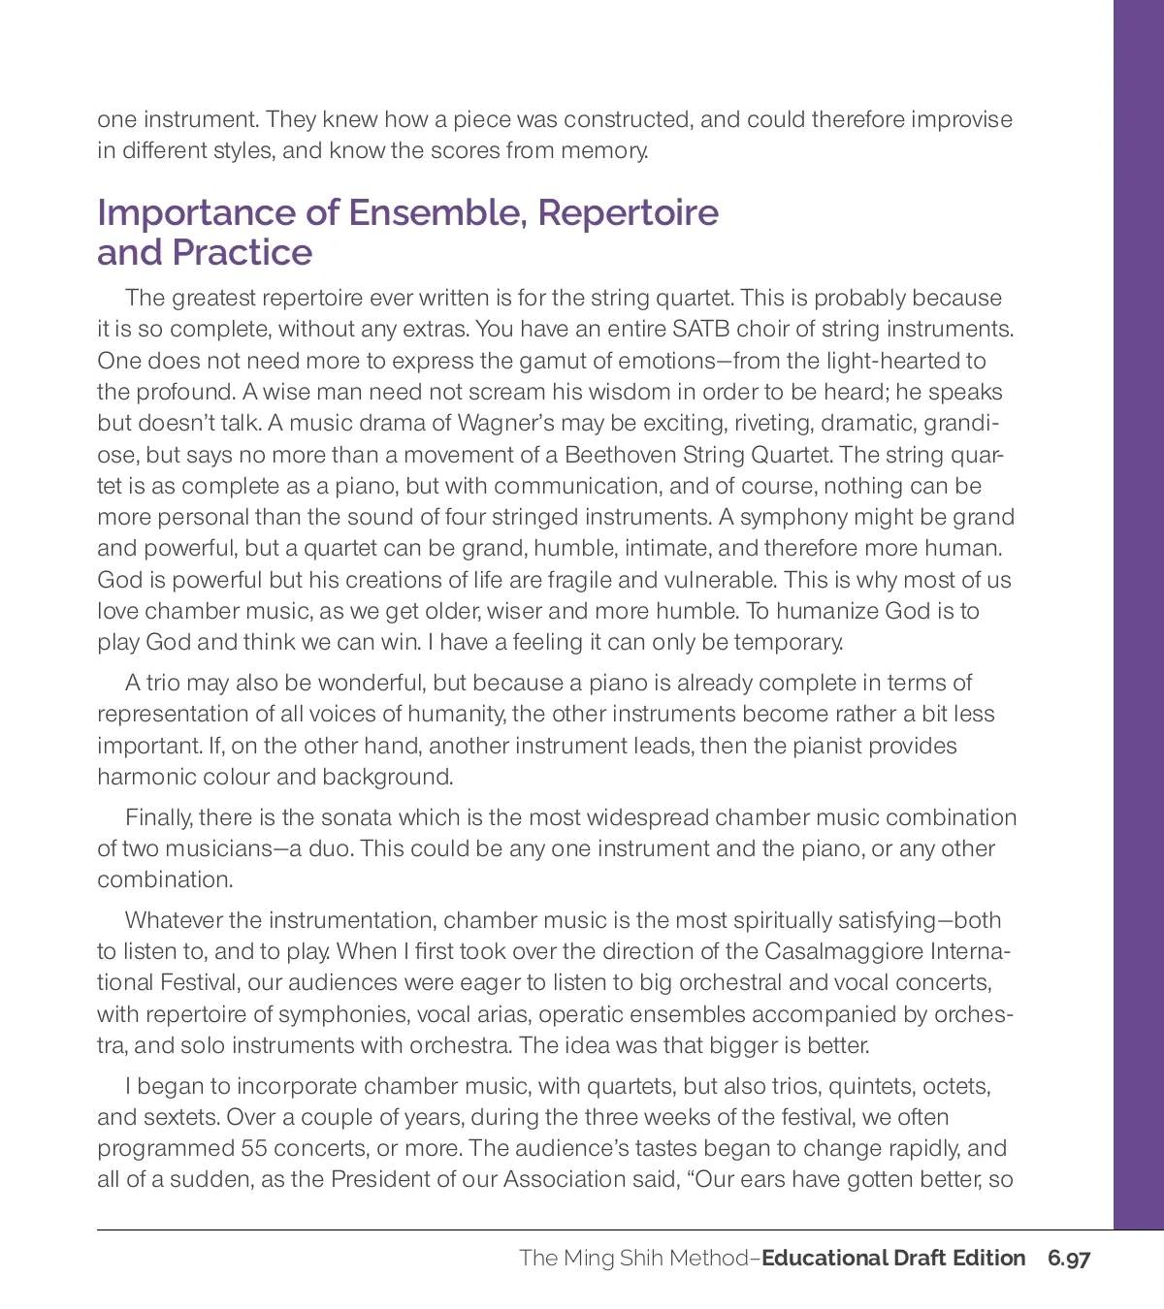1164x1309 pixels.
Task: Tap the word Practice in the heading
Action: pyautogui.click(x=242, y=252)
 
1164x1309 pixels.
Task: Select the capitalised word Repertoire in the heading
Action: pyautogui.click(x=629, y=212)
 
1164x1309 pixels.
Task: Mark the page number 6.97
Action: pyautogui.click(x=1069, y=1259)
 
